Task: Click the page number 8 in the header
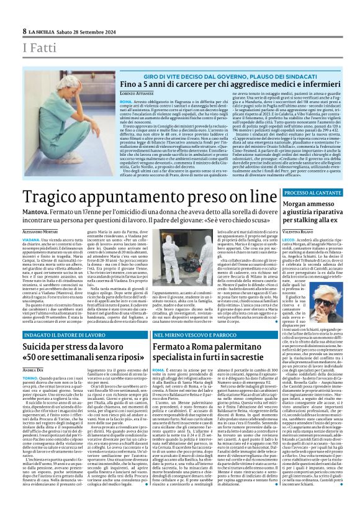point(24,30)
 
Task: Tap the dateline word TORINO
point(30,378)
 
